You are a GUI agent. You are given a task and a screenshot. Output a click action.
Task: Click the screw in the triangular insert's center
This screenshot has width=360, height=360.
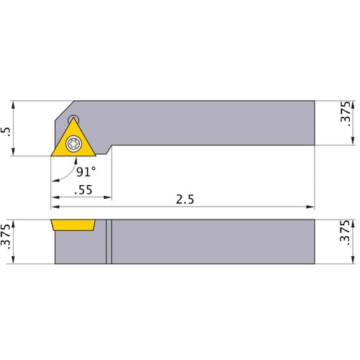pos(74,145)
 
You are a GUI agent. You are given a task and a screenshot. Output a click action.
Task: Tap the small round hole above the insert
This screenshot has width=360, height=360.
pos(73,118)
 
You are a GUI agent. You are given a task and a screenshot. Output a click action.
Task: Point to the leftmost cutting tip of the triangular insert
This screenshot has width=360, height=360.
pos(51,156)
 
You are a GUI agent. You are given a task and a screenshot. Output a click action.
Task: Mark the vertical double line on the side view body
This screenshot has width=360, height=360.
pos(109,241)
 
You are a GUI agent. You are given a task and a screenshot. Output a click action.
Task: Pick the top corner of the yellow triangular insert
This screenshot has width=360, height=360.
pos(74,120)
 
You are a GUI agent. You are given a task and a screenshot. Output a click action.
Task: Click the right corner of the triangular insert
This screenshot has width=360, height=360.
pos(96,156)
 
